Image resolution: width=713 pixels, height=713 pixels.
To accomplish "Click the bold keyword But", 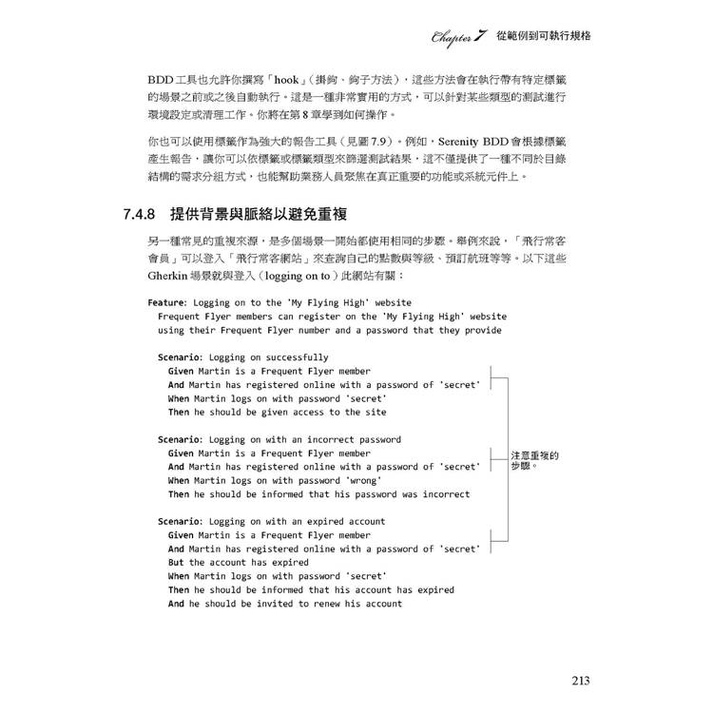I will point(176,562).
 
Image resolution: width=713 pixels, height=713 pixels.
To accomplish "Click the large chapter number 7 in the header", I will point(481,36).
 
